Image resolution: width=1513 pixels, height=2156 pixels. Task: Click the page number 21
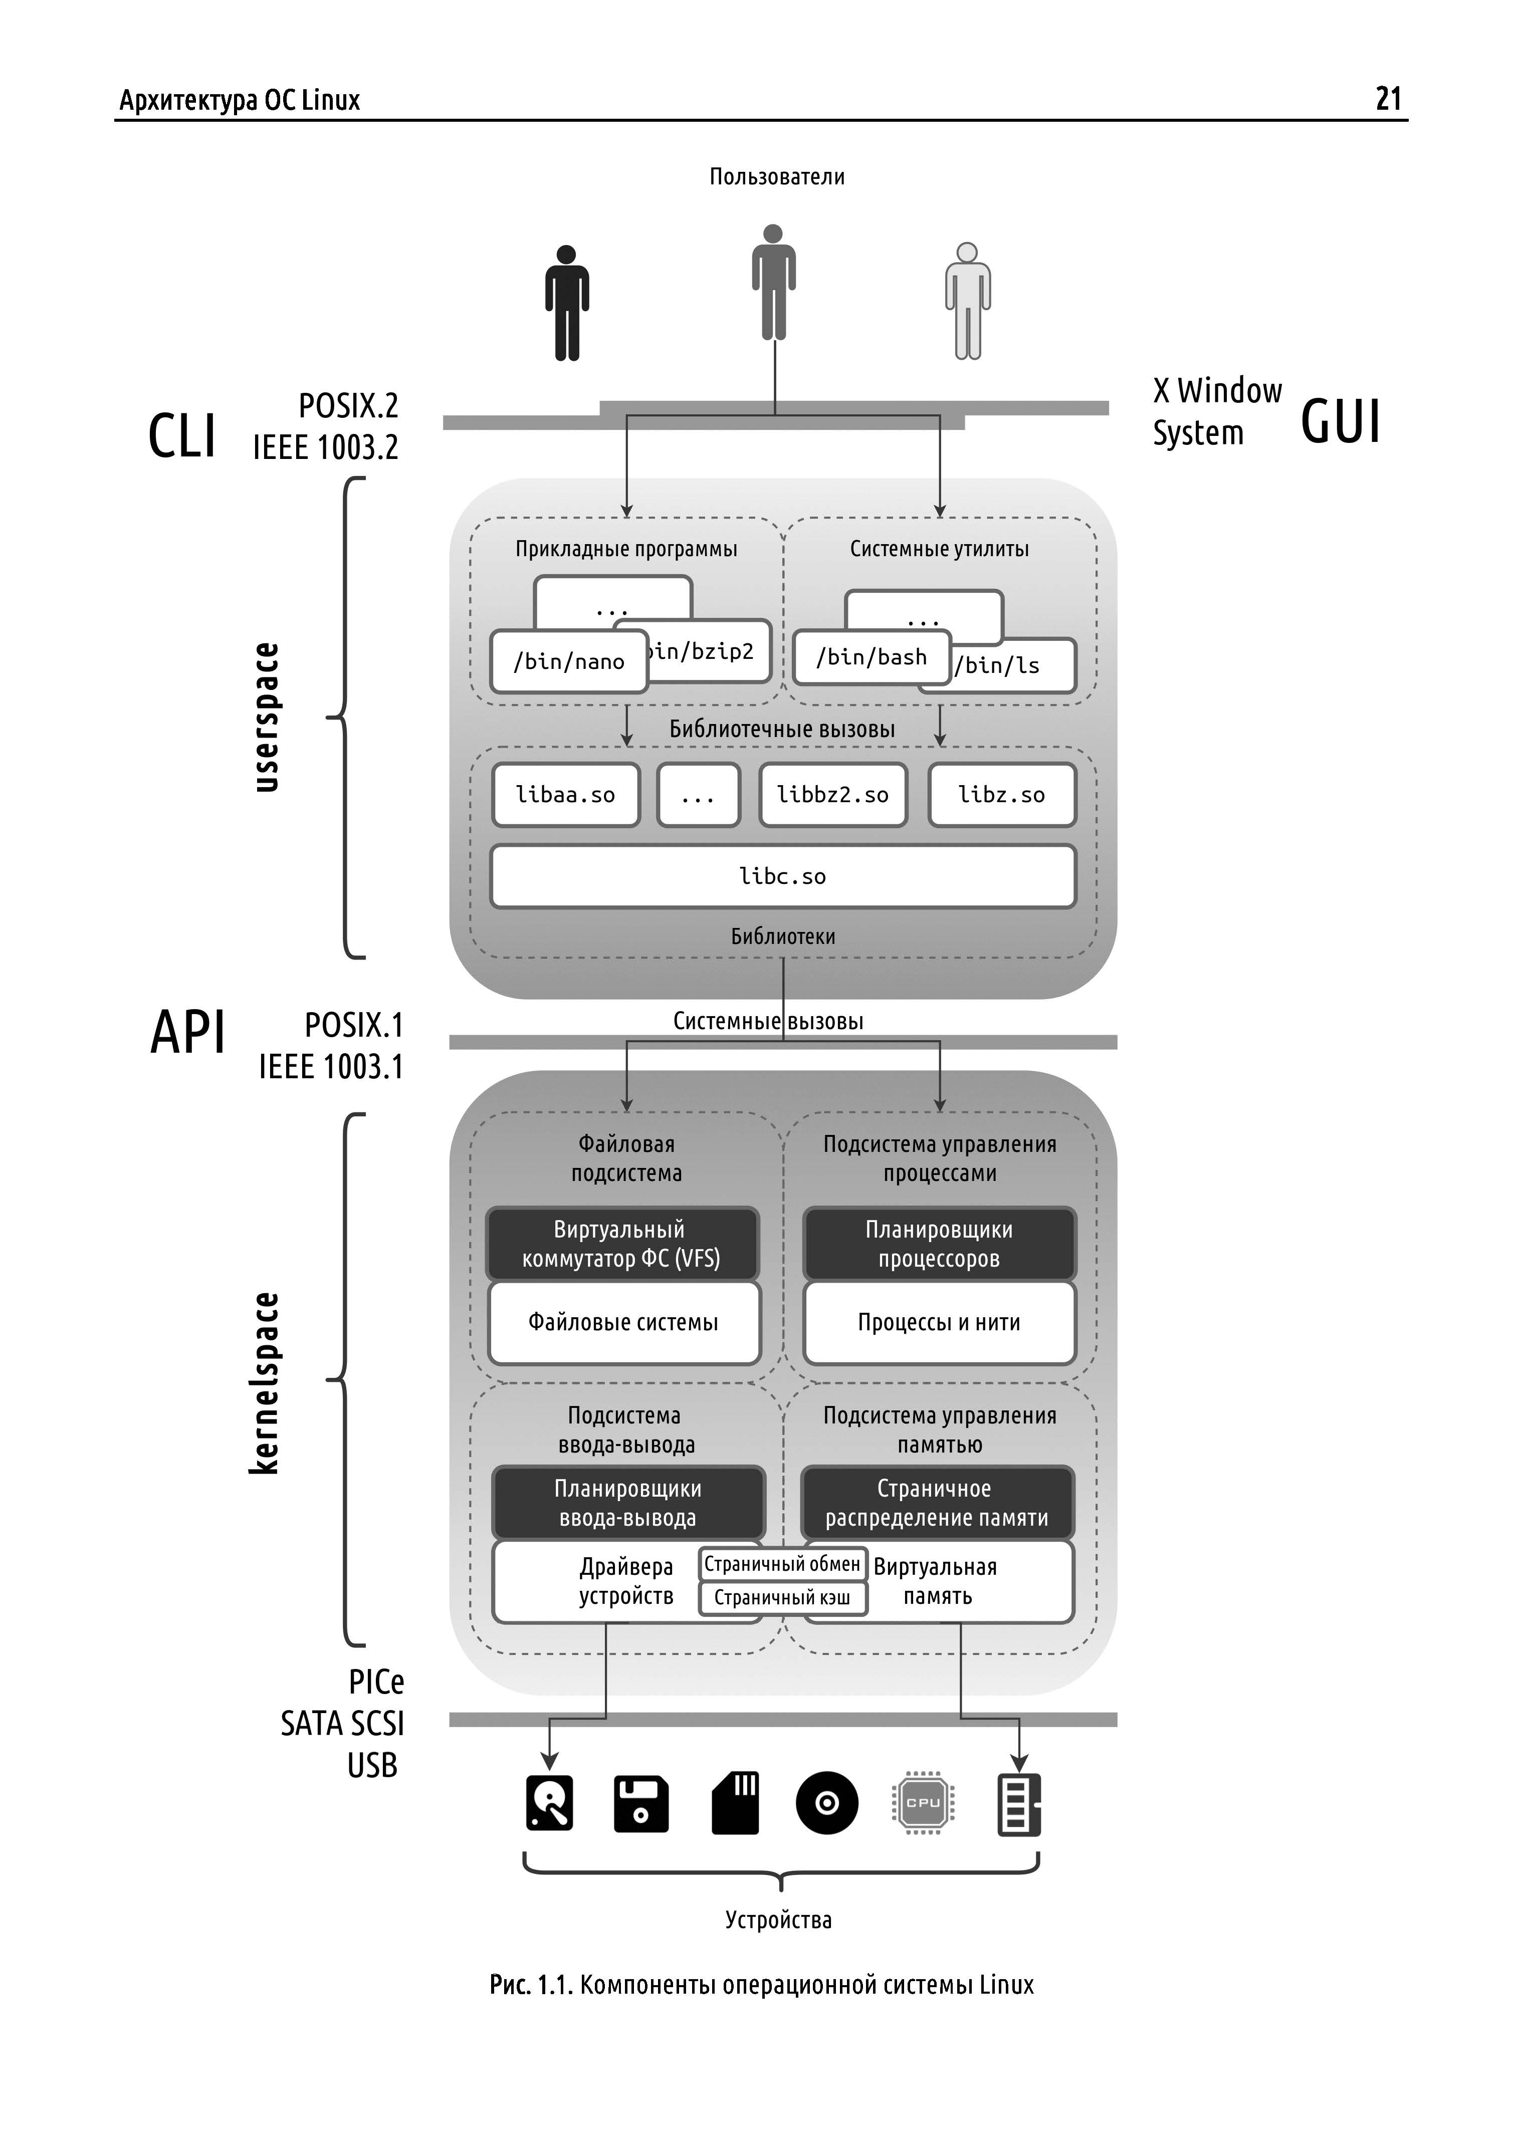point(1388,99)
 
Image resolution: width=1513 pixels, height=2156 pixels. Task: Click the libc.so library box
point(782,877)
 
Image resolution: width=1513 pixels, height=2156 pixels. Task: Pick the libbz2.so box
point(832,795)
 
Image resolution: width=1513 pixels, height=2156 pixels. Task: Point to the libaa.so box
point(565,795)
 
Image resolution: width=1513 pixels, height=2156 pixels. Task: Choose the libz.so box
point(1001,795)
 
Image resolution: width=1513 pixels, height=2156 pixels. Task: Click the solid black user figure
point(566,303)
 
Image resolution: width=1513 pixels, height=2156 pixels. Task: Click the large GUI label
point(1340,421)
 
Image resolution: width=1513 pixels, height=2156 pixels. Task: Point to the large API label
point(188,1033)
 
